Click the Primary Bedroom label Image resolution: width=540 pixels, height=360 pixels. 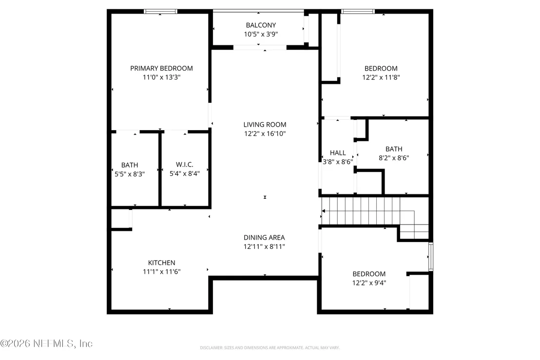click(x=161, y=68)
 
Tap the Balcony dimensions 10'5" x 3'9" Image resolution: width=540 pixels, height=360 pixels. click(x=261, y=34)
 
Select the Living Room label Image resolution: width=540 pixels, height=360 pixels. click(x=265, y=125)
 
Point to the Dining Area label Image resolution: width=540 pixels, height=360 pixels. click(x=264, y=237)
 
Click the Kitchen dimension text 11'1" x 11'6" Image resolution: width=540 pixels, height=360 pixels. click(x=161, y=271)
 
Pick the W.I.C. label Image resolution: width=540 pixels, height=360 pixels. click(x=185, y=165)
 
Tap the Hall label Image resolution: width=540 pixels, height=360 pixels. click(x=337, y=153)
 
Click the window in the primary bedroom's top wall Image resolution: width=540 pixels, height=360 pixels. click(x=160, y=11)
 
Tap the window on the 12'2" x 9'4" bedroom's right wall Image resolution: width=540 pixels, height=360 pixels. click(x=431, y=257)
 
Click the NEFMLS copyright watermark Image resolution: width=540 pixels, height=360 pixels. click(x=46, y=343)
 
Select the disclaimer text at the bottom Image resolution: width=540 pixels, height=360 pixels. click(x=270, y=348)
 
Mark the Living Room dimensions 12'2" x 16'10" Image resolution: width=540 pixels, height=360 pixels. click(x=265, y=133)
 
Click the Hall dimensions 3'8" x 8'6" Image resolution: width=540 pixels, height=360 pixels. click(x=337, y=162)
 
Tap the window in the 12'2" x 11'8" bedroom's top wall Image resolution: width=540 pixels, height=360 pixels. click(x=357, y=11)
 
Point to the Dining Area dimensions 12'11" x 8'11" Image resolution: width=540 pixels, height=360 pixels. click(x=264, y=246)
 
